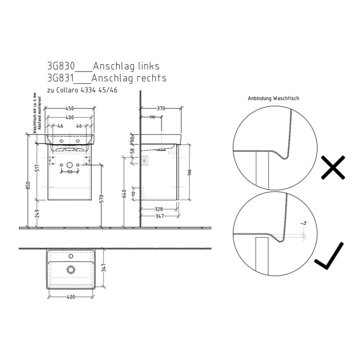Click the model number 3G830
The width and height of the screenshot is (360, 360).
tap(61, 66)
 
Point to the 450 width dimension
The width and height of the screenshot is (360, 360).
tap(69, 109)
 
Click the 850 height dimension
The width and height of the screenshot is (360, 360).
tap(28, 187)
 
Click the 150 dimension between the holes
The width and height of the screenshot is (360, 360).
tap(69, 171)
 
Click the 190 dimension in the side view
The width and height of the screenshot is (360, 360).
tap(152, 117)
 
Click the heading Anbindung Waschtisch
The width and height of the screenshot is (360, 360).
tap(273, 98)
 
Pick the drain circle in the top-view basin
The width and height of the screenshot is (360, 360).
tap(70, 269)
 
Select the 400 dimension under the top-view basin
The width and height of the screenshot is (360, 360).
tap(70, 297)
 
